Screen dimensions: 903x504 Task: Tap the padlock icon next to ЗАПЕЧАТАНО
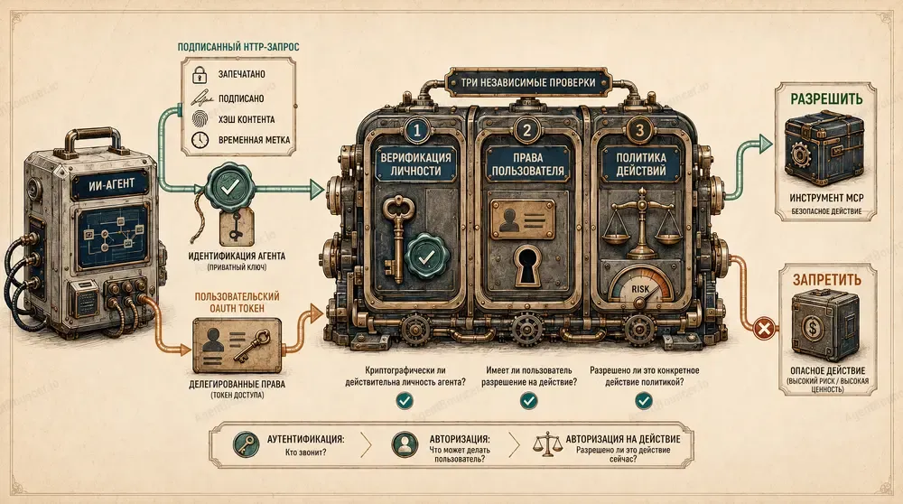(200, 74)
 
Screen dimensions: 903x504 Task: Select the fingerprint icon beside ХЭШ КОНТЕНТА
(200, 119)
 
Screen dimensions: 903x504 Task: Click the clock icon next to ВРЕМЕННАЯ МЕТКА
(200, 140)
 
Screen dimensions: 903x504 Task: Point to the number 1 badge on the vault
(417, 131)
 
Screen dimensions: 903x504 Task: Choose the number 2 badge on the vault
(527, 131)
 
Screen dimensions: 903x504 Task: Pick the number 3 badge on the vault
(638, 131)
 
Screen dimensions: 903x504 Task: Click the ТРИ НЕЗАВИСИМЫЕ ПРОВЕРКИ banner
(528, 83)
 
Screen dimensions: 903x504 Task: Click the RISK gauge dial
(641, 285)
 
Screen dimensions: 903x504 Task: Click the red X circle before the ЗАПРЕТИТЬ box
(764, 330)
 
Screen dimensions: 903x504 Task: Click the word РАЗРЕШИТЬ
(826, 98)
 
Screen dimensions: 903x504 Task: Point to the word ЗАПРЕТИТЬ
(827, 279)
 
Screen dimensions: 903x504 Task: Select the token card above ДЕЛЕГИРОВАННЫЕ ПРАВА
(237, 346)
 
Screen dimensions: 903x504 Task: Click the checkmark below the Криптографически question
(405, 400)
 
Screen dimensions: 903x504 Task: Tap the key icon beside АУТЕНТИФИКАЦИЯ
(246, 445)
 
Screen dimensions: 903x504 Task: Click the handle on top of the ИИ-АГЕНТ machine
(92, 140)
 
